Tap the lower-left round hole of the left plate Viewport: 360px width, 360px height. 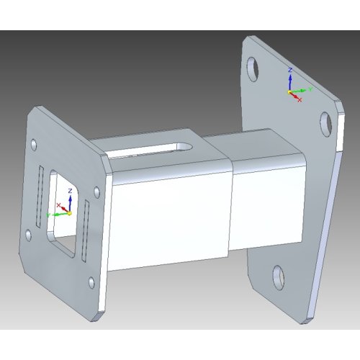coord(27,235)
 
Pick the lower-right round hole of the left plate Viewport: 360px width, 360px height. coord(90,282)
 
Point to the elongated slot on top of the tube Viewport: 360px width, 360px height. coord(151,148)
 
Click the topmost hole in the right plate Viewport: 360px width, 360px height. coord(253,68)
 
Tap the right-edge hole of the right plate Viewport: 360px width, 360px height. coord(324,124)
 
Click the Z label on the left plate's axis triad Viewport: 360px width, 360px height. coord(69,190)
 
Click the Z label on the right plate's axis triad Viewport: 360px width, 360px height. coord(289,70)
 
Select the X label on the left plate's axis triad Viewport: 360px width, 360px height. coord(59,204)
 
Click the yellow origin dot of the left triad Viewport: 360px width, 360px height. coord(69,213)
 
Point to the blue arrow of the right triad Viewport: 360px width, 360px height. coord(289,81)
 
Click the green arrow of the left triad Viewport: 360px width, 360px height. coord(57,215)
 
